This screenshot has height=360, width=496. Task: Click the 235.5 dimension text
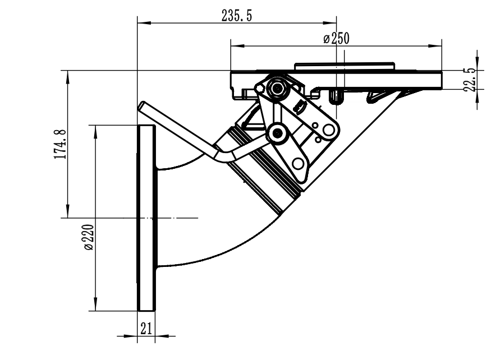[x=236, y=16]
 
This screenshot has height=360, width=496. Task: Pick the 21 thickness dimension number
[x=146, y=329]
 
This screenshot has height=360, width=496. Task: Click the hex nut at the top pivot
[x=275, y=87]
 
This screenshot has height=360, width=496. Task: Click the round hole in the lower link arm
[x=297, y=163]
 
